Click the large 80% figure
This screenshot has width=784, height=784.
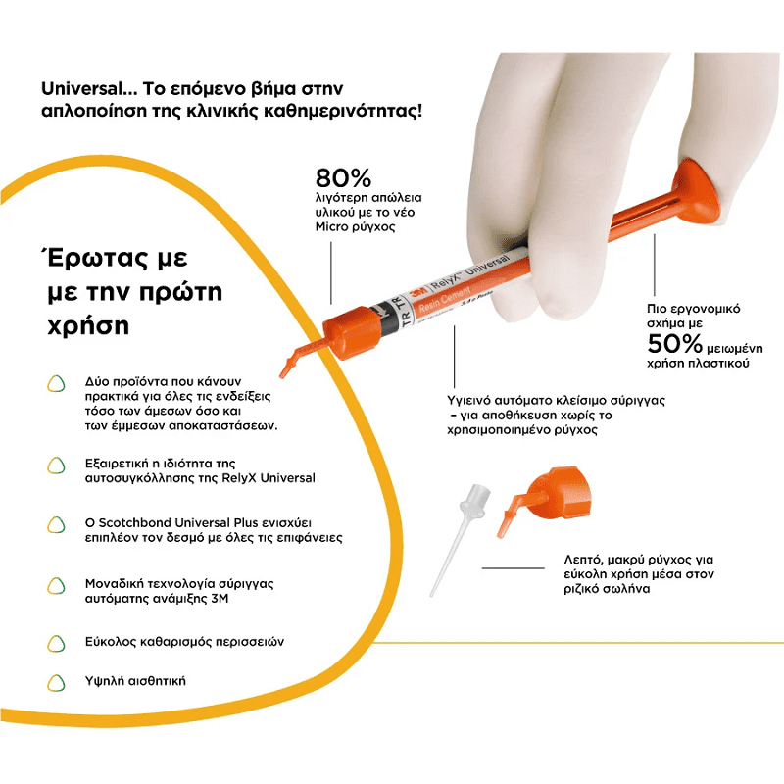[343, 178]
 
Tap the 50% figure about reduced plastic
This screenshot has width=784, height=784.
[674, 344]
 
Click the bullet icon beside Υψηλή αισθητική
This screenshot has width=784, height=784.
[57, 681]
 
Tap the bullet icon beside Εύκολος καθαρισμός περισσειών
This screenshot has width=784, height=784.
[57, 643]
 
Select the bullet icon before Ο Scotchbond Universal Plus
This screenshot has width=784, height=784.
[57, 524]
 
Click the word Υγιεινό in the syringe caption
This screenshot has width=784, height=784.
[469, 401]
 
